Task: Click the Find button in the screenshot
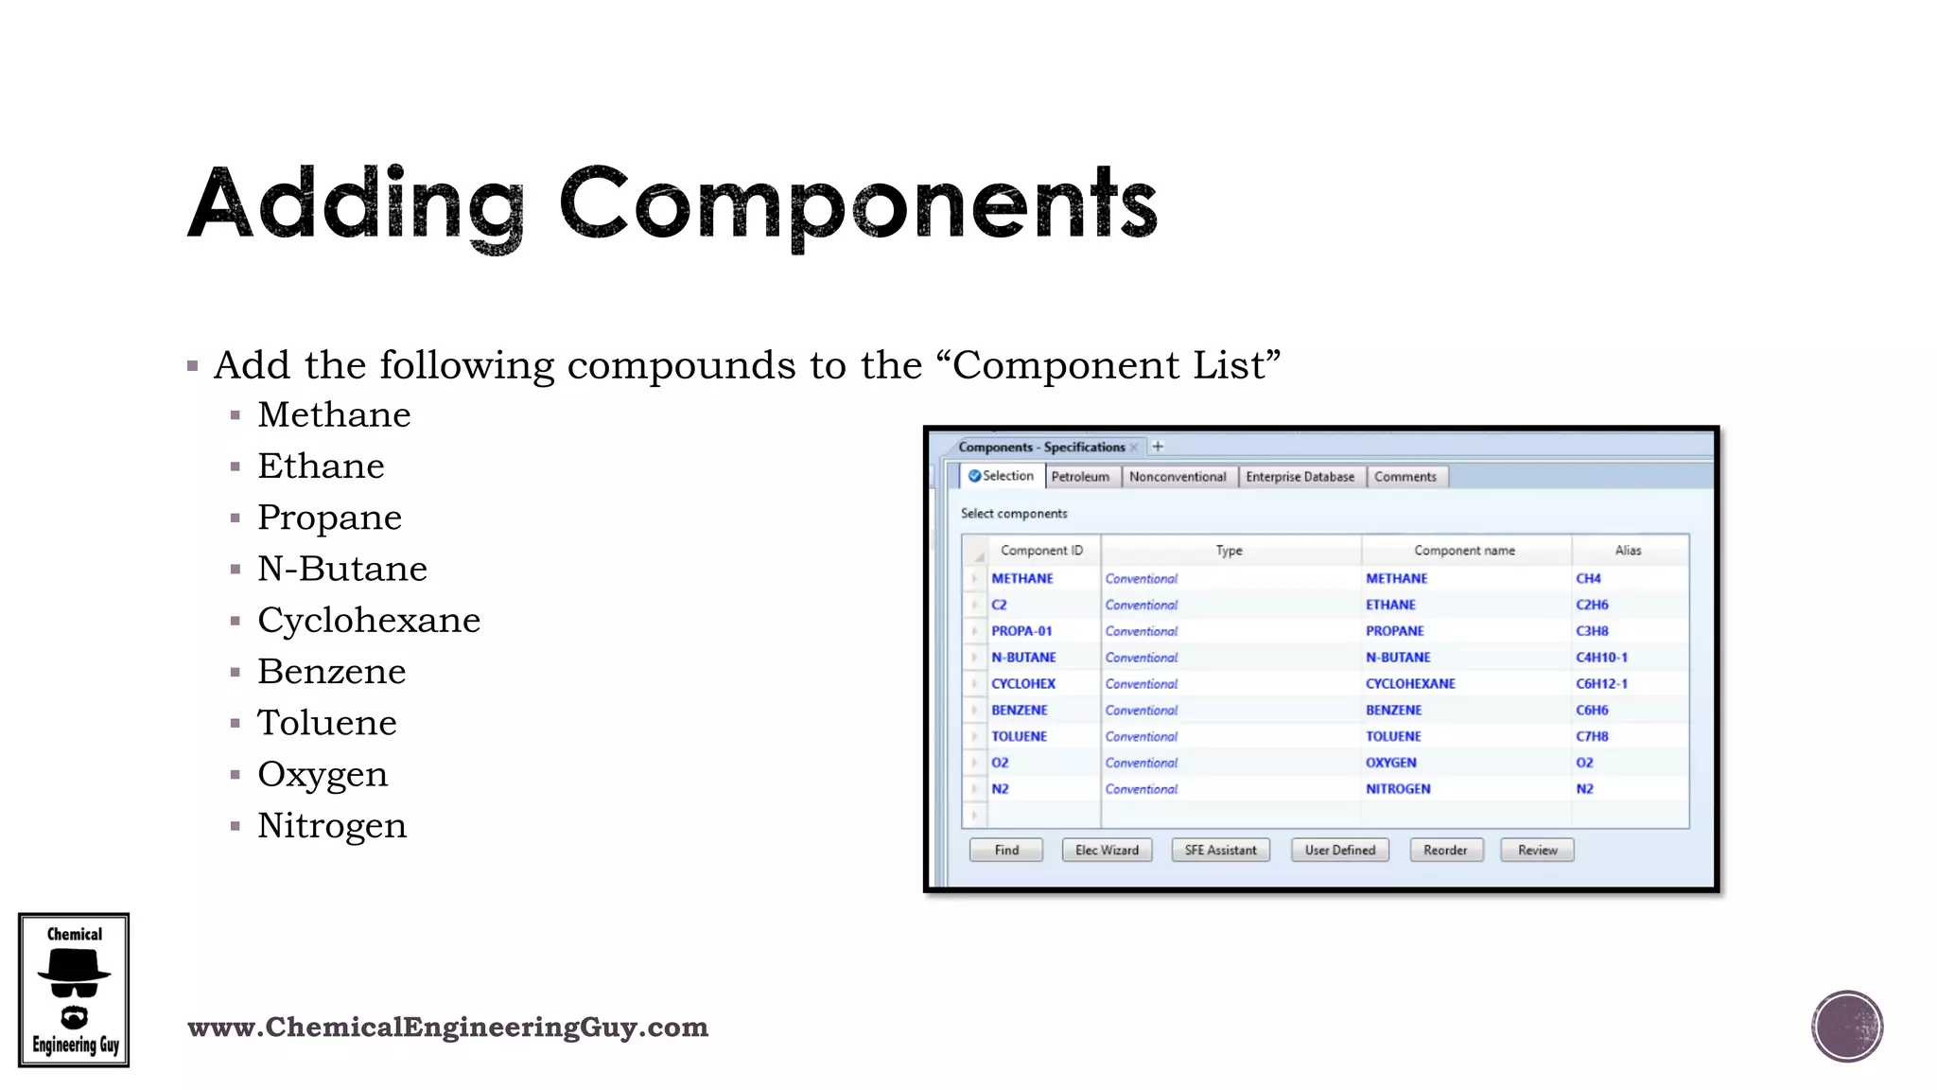pyautogui.click(x=1006, y=850)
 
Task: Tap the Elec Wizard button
pyautogui.click(x=1107, y=850)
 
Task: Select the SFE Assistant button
pyautogui.click(x=1220, y=850)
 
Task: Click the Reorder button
pyautogui.click(x=1445, y=850)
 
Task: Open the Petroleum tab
pyautogui.click(x=1080, y=477)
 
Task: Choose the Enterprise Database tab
pyautogui.click(x=1300, y=477)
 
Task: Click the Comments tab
pyautogui.click(x=1405, y=477)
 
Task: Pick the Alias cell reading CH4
pyautogui.click(x=1588, y=578)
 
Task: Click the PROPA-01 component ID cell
pyautogui.click(x=1021, y=631)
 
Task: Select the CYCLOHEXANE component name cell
pyautogui.click(x=1410, y=683)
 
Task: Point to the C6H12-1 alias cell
pyautogui.click(x=1601, y=683)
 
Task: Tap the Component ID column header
pyautogui.click(x=1041, y=550)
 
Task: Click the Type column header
pyautogui.click(x=1229, y=550)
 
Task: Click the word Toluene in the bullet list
pyautogui.click(x=327, y=723)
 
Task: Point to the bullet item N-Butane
pyautogui.click(x=342, y=569)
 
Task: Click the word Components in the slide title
pyautogui.click(x=858, y=203)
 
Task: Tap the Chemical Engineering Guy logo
pyautogui.click(x=74, y=990)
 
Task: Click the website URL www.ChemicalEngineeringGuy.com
pyautogui.click(x=447, y=1027)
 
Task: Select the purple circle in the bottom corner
pyautogui.click(x=1847, y=1027)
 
